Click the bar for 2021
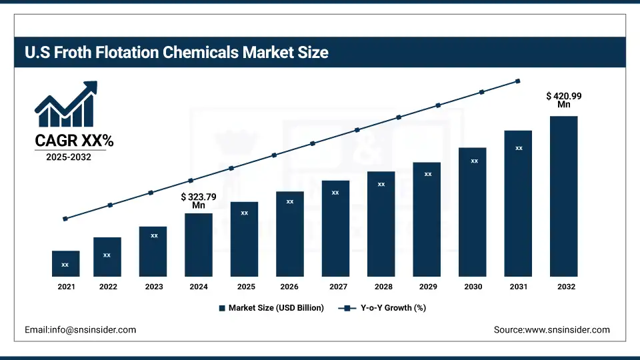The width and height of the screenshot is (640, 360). (65, 263)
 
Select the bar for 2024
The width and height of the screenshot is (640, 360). (199, 245)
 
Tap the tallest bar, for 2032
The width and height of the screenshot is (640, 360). (563, 196)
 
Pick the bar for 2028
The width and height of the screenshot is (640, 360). (381, 223)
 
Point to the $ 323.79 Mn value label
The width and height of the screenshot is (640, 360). (199, 201)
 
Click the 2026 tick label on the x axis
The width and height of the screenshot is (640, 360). (290, 287)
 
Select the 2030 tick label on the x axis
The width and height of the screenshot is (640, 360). (473, 287)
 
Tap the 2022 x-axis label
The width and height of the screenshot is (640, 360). (108, 287)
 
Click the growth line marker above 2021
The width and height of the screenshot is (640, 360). (65, 219)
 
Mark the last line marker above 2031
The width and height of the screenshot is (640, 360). (517, 81)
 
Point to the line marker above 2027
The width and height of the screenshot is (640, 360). (357, 130)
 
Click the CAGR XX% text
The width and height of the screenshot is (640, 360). (74, 141)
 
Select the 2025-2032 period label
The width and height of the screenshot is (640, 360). (69, 157)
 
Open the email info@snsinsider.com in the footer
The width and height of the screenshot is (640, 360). (81, 329)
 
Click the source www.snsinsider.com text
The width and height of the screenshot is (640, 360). (551, 329)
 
